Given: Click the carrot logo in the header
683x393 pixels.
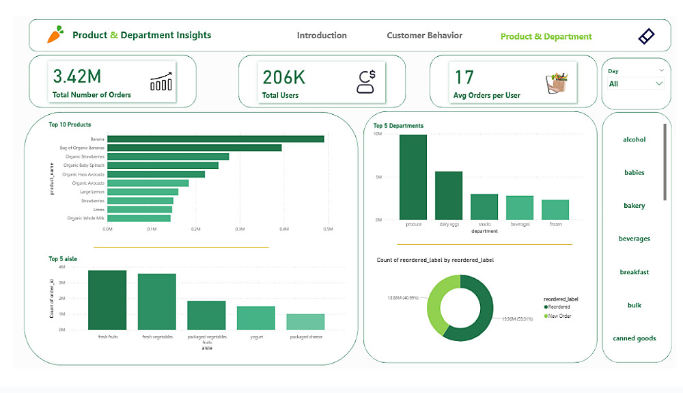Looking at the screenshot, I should (x=55, y=34).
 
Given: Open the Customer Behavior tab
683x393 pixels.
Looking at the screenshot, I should (x=424, y=36).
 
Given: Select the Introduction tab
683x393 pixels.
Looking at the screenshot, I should (x=322, y=36).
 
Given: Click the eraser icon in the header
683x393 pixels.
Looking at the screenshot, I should (x=646, y=36).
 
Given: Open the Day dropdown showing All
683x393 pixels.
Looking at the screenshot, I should (x=636, y=83).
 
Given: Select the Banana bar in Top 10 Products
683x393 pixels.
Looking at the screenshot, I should (x=216, y=139).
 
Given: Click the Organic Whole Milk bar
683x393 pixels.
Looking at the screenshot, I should (x=139, y=218).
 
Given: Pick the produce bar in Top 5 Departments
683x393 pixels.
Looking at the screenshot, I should (x=413, y=176).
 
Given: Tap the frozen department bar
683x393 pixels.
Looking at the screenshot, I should (x=555, y=209).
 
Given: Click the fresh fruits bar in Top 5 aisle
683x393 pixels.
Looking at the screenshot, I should (x=107, y=300).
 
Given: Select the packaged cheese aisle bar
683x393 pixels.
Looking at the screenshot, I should (x=305, y=321).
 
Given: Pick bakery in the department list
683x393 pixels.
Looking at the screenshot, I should (x=634, y=206).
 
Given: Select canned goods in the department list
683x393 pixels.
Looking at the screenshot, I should (x=634, y=338).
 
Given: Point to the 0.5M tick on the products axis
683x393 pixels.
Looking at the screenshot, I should (x=327, y=229).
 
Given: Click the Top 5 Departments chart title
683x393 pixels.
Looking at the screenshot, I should (x=398, y=126).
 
